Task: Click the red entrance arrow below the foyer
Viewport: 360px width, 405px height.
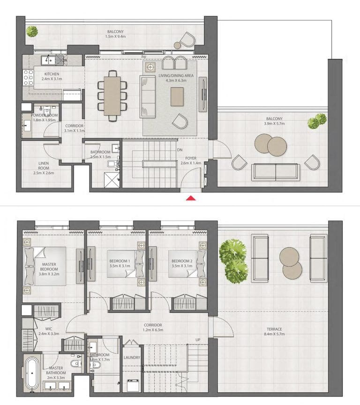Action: tap(191, 198)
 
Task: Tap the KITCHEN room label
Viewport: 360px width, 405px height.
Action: tap(52, 74)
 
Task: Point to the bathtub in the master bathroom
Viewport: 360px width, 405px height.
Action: tap(32, 374)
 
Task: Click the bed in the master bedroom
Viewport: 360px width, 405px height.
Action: tap(45, 265)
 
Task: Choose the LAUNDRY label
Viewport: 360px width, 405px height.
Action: tap(132, 357)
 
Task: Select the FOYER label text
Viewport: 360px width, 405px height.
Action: tap(190, 158)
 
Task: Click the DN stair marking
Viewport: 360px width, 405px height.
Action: tap(180, 150)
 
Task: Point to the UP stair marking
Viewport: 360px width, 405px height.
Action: tap(198, 340)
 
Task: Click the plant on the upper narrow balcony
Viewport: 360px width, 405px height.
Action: tap(32, 31)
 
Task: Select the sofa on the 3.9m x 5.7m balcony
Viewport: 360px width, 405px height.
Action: tap(275, 172)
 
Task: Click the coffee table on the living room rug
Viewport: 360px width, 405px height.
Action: tap(178, 96)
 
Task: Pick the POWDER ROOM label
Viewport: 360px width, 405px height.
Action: tap(45, 115)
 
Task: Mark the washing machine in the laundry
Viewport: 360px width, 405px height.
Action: tap(133, 385)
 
